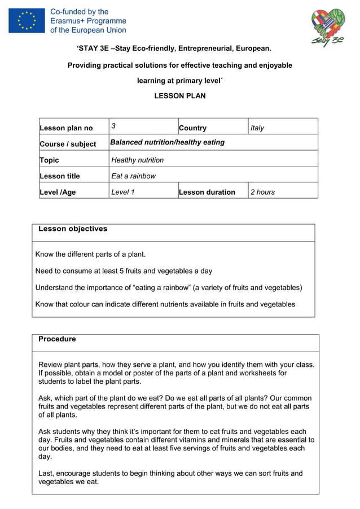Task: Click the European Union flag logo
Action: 27,20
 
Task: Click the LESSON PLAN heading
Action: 179,96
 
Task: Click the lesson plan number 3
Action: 113,126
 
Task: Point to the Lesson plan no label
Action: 66,128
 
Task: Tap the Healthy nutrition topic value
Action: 138,160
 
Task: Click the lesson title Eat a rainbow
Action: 134,176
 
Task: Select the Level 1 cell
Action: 123,192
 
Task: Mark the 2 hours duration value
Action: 263,192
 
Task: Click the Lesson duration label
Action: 207,192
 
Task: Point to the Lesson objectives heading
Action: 73,229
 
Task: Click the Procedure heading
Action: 57,339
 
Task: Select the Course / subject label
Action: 68,144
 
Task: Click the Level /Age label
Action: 58,192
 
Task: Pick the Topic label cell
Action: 49,160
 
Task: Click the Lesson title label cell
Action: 60,176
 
